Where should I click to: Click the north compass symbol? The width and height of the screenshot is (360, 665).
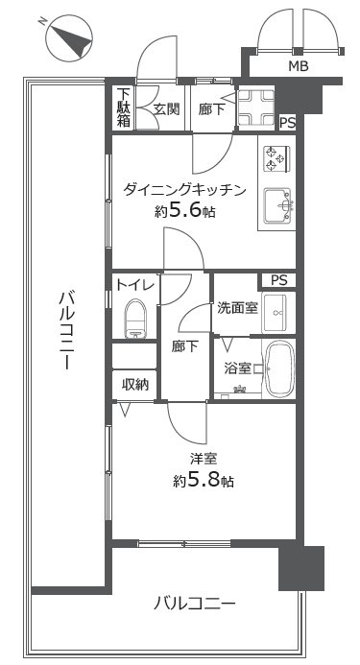pyautogui.click(x=69, y=38)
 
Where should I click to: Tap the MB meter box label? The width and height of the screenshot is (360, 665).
pyautogui.click(x=299, y=66)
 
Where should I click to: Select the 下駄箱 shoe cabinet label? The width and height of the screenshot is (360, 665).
pyautogui.click(x=123, y=107)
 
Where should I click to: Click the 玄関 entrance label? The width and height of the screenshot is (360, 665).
pyautogui.click(x=166, y=109)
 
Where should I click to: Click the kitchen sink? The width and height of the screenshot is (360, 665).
pyautogui.click(x=278, y=205)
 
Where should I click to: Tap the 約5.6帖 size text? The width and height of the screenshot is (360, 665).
pyautogui.click(x=184, y=211)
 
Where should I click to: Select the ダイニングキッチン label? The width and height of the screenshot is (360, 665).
pyautogui.click(x=184, y=190)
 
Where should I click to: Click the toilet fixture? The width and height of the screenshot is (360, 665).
pyautogui.click(x=135, y=318)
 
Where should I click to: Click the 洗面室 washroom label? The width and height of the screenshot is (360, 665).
pyautogui.click(x=237, y=308)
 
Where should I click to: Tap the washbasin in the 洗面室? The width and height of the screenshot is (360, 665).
pyautogui.click(x=277, y=313)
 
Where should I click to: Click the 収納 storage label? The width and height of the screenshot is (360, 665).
pyautogui.click(x=135, y=384)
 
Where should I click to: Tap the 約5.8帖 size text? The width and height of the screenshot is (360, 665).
pyautogui.click(x=204, y=481)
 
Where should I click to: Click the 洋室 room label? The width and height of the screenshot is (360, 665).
pyautogui.click(x=204, y=459)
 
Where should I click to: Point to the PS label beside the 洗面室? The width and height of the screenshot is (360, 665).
pyautogui.click(x=279, y=280)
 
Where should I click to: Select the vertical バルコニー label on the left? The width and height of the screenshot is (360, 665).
pyautogui.click(x=66, y=330)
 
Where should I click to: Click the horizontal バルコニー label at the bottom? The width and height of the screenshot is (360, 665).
pyautogui.click(x=194, y=603)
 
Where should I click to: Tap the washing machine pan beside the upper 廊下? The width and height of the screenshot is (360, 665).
pyautogui.click(x=256, y=107)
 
